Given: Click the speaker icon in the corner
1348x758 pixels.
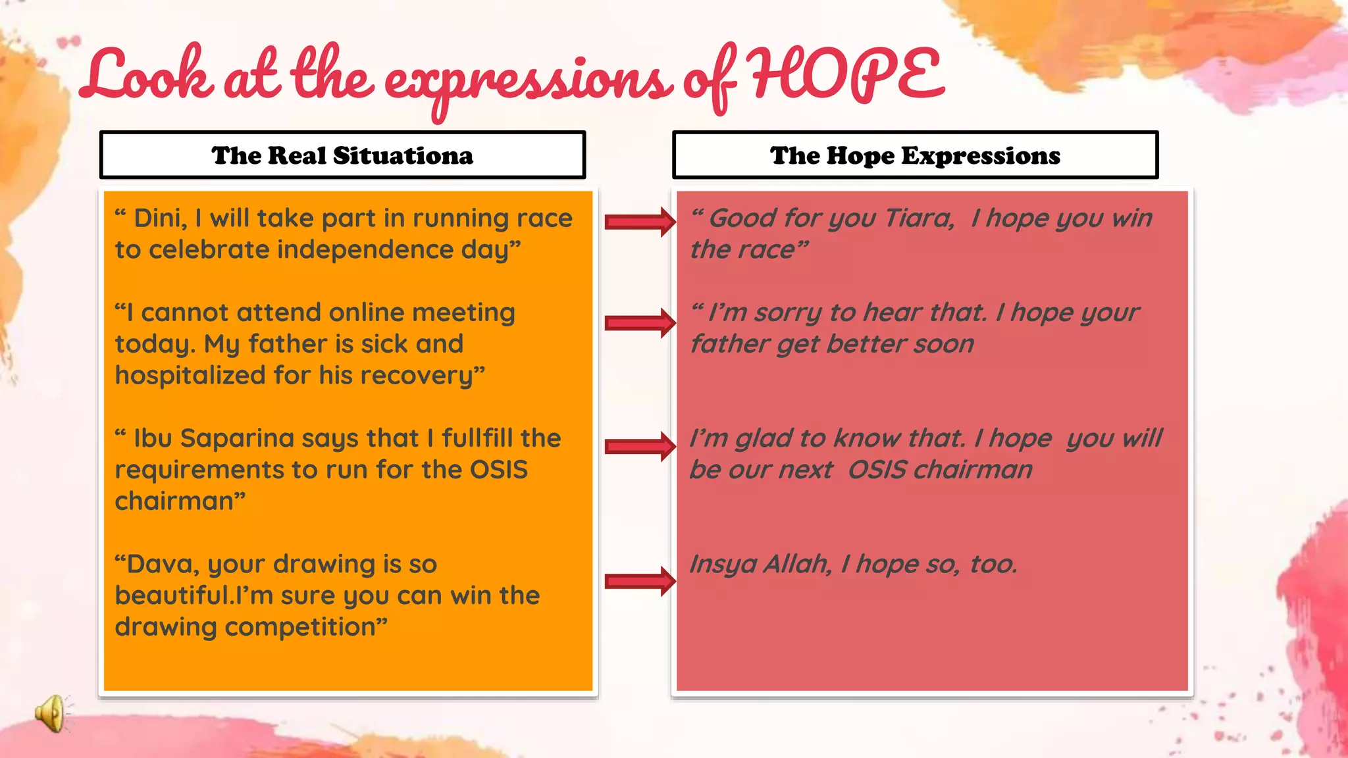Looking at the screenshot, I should (x=51, y=713).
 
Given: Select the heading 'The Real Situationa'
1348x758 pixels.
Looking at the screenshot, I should (x=342, y=156).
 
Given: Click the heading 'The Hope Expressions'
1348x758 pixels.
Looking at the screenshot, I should (x=915, y=156).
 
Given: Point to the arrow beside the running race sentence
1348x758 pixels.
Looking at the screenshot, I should (x=640, y=222).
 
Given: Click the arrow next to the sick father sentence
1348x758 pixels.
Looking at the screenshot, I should (x=640, y=322).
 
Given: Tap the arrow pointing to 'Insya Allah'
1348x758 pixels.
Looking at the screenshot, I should (x=640, y=580).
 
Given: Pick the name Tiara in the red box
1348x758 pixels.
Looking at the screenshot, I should (x=919, y=218).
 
